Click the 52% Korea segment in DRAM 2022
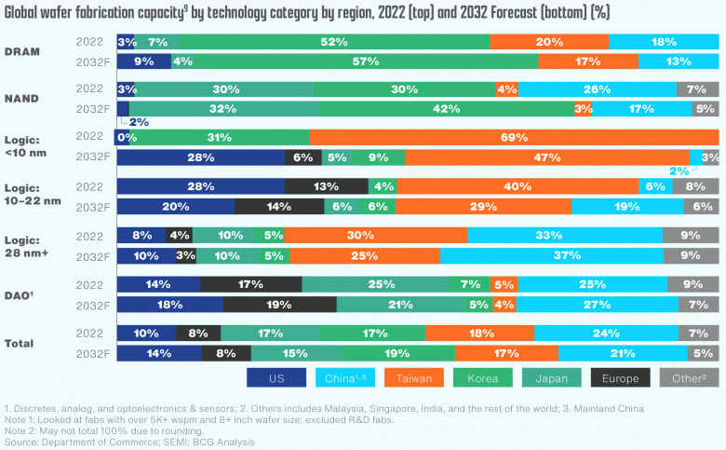coord(334,42)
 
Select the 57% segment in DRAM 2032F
coord(355,61)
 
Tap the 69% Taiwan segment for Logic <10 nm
coord(514,137)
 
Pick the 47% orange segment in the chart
coord(547,157)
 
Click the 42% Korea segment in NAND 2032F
coord(447,108)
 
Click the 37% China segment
coord(551,254)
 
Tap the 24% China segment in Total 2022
coord(606,333)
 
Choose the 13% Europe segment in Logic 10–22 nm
coord(326,185)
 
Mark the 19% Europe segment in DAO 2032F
coord(279,304)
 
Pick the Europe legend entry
coord(620,377)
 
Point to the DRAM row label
coord(21,51)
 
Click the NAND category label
coord(21,98)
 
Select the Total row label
coord(20,343)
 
